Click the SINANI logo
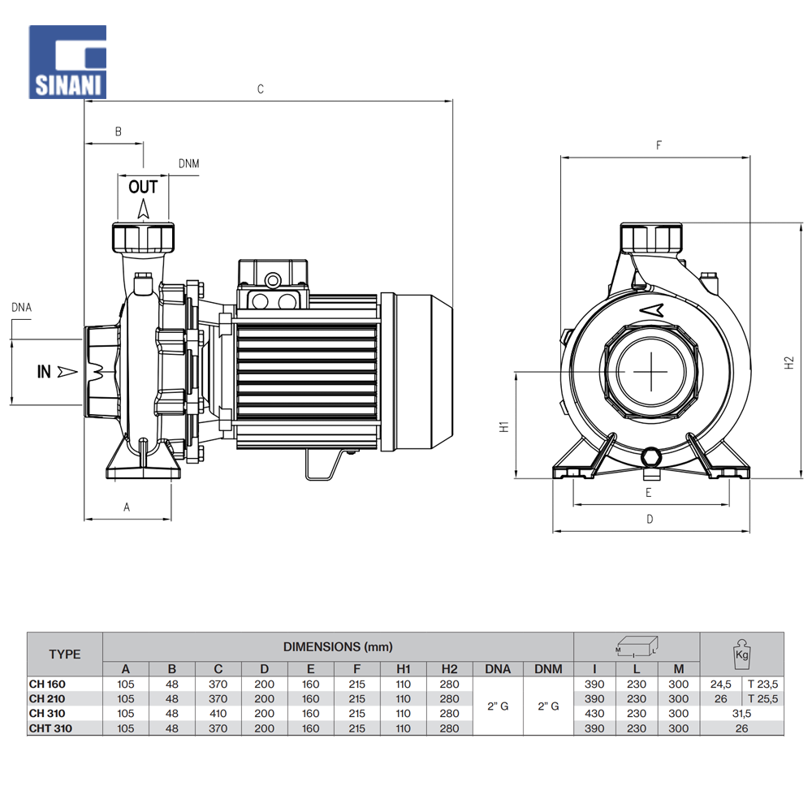[68, 63]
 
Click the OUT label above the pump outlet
[143, 187]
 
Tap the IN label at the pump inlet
[45, 372]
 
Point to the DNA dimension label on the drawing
[22, 307]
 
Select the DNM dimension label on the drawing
[188, 164]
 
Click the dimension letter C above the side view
[261, 89]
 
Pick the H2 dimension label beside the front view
[789, 364]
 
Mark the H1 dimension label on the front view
[503, 425]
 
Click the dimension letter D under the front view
[650, 520]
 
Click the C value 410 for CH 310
[218, 714]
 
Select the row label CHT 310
[50, 728]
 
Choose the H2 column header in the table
[449, 669]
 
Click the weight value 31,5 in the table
[741, 714]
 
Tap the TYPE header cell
[65, 654]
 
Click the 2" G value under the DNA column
[498, 706]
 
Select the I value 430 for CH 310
[594, 714]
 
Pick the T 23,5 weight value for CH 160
[762, 685]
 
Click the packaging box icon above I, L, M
[637, 647]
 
